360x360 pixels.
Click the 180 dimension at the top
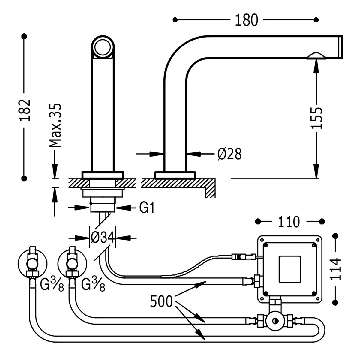pyautogui.click(x=246, y=20)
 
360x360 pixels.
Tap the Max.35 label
pyautogui.click(x=55, y=125)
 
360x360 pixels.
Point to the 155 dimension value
pyautogui.click(x=316, y=118)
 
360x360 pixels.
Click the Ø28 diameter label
pyautogui.click(x=229, y=154)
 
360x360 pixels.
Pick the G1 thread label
pyautogui.click(x=147, y=208)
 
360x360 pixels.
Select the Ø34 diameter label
pyautogui.click(x=103, y=238)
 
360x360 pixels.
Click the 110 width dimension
pyautogui.click(x=288, y=222)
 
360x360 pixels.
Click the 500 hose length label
pyautogui.click(x=162, y=301)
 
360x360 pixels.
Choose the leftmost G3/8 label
pyautogui.click(x=52, y=285)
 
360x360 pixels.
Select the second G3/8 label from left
pyautogui.click(x=93, y=285)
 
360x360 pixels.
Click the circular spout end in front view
pyautogui.click(x=103, y=47)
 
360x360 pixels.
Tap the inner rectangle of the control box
pyautogui.click(x=289, y=269)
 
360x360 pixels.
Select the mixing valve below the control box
pyautogui.click(x=275, y=321)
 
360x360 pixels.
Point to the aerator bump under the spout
pyautogui.click(x=315, y=56)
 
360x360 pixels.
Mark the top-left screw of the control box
pyautogui.click(x=265, y=245)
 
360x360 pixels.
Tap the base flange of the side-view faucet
pyautogui.click(x=175, y=175)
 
